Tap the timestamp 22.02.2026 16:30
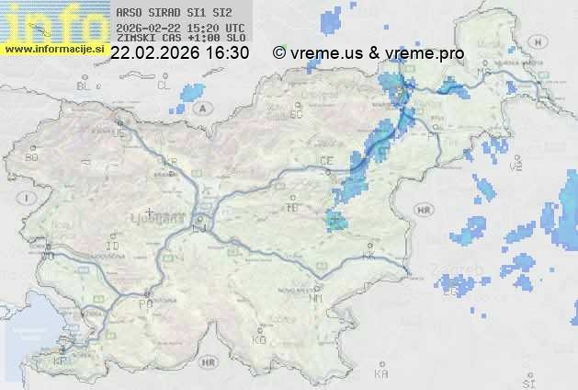(x=179, y=53)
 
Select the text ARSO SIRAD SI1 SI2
(x=175, y=13)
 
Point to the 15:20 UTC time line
(x=180, y=28)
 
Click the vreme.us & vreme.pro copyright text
(x=368, y=53)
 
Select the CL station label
(x=164, y=86)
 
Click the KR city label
(x=170, y=162)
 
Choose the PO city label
(x=144, y=303)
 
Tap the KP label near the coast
(x=62, y=361)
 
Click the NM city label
(x=318, y=298)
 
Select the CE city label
(x=325, y=161)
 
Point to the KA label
(x=381, y=374)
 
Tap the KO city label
(x=259, y=339)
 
